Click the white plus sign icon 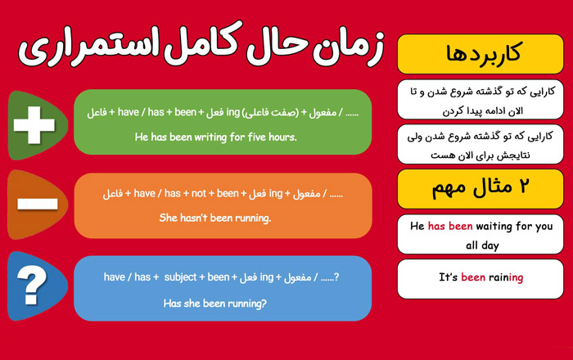[34, 125]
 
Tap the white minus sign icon [38, 204]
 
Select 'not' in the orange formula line [199, 193]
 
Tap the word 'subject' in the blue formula [180, 277]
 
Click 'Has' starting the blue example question [171, 303]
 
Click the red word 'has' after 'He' [436, 226]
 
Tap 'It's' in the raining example [448, 277]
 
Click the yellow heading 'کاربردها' [483, 54]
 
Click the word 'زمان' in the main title [348, 47]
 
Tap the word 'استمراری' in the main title [88, 47]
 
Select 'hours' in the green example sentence [283, 137]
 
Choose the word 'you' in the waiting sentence [544, 227]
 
